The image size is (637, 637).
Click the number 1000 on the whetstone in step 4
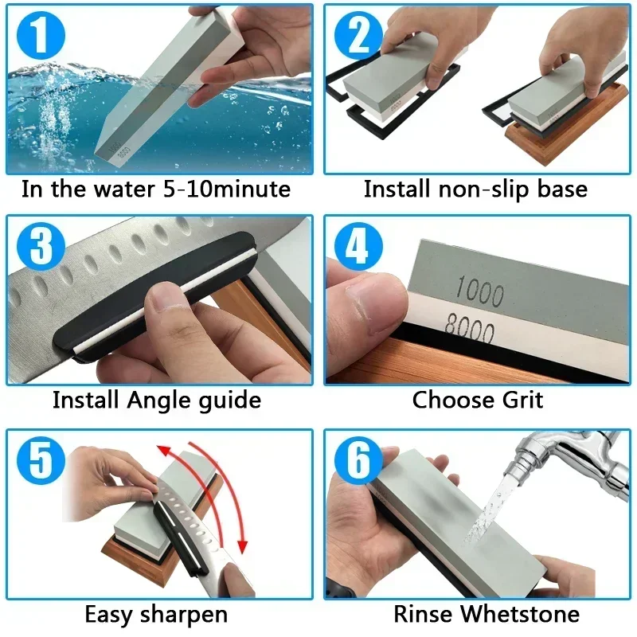[480, 291]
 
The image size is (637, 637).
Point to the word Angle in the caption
[163, 399]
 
